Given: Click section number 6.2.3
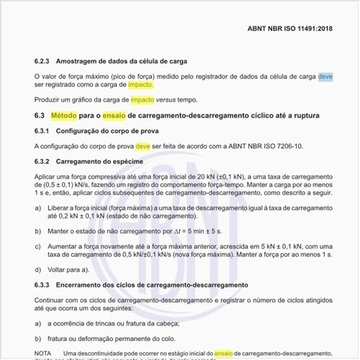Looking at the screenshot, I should pyautogui.click(x=45, y=62).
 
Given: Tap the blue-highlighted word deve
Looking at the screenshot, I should pyautogui.click(x=324, y=76).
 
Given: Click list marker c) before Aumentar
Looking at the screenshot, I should pyautogui.click(x=39, y=246).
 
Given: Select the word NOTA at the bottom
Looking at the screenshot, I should pyautogui.click(x=43, y=354).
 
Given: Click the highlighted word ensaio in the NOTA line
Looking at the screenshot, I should pyautogui.click(x=224, y=354).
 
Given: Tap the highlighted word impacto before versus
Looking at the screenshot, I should pyautogui.click(x=141, y=99).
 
